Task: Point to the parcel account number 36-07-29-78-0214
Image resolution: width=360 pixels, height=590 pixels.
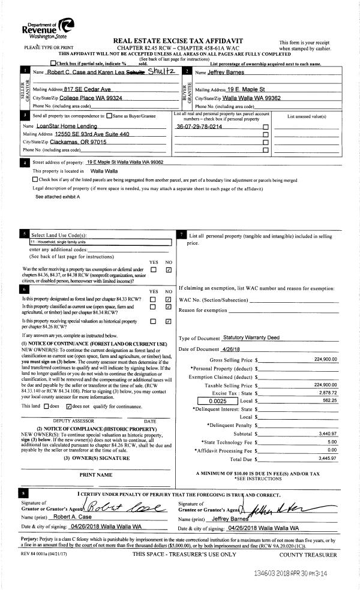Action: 199,127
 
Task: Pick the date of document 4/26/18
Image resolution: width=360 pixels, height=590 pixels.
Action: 235,349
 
